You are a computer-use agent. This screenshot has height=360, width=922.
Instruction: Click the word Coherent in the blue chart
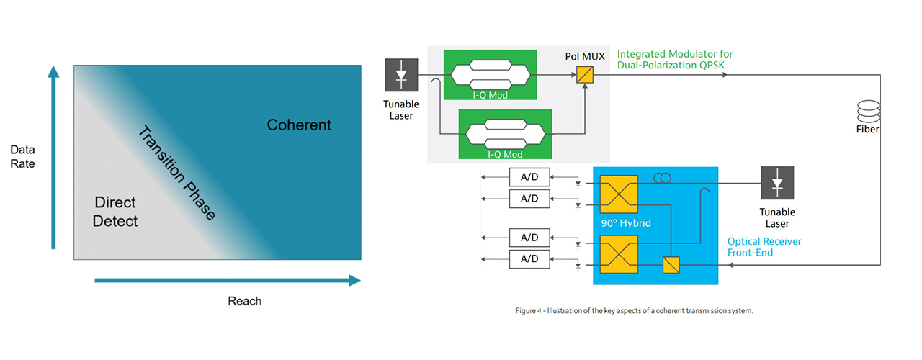[299, 125]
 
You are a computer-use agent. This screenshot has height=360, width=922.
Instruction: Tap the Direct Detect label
[115, 212]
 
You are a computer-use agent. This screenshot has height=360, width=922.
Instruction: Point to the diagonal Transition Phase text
[176, 173]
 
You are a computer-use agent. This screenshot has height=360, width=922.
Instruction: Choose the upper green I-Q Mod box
[490, 74]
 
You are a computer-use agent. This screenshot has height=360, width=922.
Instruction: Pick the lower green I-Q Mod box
[504, 134]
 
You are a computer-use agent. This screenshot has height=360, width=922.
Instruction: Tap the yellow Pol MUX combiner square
[583, 74]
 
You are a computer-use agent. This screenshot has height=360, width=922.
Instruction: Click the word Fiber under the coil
[867, 130]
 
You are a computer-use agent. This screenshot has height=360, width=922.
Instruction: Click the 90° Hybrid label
[626, 223]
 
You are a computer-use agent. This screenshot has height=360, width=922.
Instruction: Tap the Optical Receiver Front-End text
[764, 247]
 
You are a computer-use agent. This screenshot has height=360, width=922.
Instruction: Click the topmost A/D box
[529, 177]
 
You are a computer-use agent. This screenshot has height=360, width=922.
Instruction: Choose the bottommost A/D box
[529, 258]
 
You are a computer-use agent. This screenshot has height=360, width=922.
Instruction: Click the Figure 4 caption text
[634, 311]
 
